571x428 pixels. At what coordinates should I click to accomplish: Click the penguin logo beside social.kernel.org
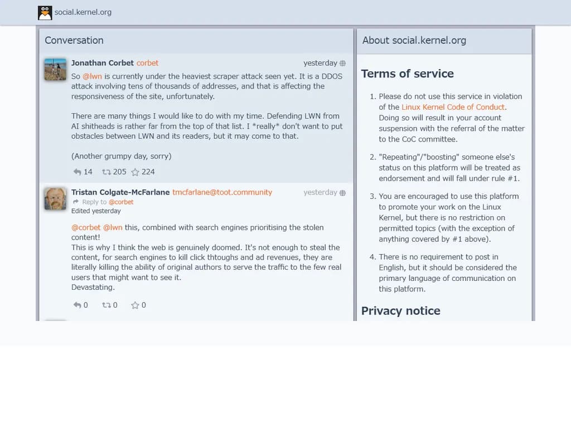[x=45, y=12]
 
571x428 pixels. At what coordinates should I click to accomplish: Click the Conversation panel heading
[x=74, y=40]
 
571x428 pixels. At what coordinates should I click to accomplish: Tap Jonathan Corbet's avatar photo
[x=55, y=70]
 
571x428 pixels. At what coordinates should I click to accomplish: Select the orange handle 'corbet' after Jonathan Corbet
[x=147, y=63]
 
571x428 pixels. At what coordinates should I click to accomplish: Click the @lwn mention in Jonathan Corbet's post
[x=92, y=76]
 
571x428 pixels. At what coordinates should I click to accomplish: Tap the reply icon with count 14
[x=78, y=172]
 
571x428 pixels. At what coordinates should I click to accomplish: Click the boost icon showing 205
[x=105, y=172]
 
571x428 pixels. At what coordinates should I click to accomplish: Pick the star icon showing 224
[x=135, y=172]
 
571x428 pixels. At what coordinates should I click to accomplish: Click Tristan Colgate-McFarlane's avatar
[x=55, y=199]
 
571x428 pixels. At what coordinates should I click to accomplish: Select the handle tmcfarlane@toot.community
[x=222, y=192]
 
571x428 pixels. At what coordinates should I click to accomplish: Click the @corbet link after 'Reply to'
[x=121, y=202]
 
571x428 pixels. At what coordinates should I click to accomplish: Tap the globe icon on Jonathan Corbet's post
[x=342, y=64]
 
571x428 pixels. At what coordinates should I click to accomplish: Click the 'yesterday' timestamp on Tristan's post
[x=320, y=192]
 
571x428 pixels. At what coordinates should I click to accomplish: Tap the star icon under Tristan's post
[x=135, y=305]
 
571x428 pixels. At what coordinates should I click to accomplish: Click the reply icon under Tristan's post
[x=78, y=305]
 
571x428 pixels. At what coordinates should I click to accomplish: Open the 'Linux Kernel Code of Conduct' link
[x=453, y=107]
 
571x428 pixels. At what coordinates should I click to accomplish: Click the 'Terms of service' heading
[x=407, y=74]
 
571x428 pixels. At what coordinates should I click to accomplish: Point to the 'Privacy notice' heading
[x=400, y=311]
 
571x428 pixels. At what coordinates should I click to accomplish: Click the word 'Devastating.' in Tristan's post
[x=93, y=288]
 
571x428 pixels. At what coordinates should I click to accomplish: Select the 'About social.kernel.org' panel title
[x=414, y=40]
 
